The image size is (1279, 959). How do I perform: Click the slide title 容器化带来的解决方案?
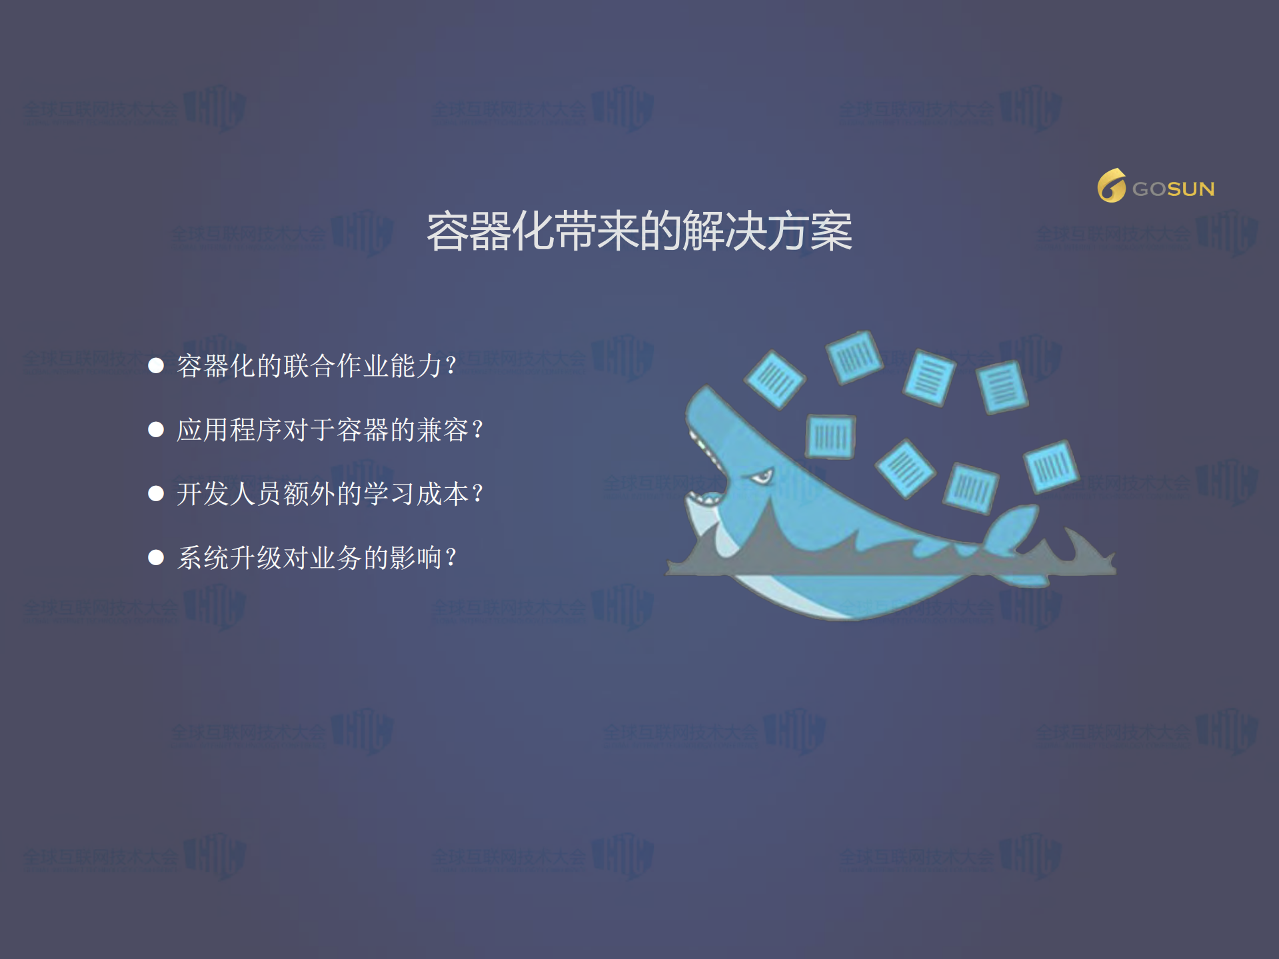[x=639, y=232]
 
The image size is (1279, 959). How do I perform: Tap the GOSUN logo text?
[x=1173, y=189]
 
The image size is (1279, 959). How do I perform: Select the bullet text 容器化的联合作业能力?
[x=317, y=366]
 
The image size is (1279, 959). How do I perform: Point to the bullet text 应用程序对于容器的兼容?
[x=330, y=430]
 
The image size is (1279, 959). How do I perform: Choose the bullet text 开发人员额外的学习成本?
[x=330, y=494]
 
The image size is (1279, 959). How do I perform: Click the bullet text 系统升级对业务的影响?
[x=317, y=558]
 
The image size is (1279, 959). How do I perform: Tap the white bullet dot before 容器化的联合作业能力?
[x=156, y=365]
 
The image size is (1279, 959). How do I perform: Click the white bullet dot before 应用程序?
[x=156, y=430]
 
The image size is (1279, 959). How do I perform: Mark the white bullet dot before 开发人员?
[x=156, y=493]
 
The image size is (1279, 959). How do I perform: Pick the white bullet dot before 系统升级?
[x=156, y=557]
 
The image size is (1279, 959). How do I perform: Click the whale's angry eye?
[x=760, y=477]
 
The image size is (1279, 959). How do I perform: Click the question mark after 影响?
[x=451, y=558]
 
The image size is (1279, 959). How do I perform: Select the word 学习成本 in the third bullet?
[x=416, y=494]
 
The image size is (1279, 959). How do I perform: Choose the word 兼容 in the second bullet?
[x=443, y=430]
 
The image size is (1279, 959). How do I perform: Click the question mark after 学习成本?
[x=477, y=494]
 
